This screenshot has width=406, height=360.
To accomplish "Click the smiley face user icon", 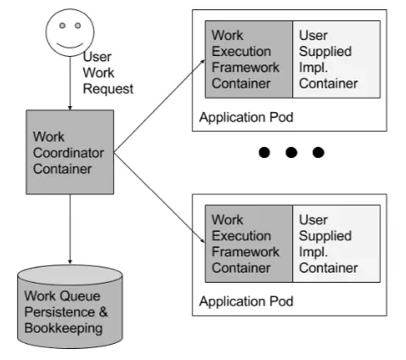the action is click(70, 32).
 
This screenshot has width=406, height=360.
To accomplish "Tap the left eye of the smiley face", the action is click(62, 25).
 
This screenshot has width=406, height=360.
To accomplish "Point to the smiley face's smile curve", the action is click(70, 46).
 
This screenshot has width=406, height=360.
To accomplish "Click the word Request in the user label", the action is click(108, 89).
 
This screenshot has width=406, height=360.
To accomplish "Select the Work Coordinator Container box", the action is click(70, 152).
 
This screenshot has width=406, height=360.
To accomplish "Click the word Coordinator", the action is click(68, 153).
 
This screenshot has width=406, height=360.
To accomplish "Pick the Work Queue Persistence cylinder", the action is click(70, 307).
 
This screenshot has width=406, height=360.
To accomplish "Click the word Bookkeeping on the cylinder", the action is click(64, 329).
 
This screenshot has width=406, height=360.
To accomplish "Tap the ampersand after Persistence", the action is click(104, 312).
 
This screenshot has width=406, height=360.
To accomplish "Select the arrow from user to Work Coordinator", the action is click(70, 83).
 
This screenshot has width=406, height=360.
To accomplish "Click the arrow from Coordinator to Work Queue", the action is click(70, 229).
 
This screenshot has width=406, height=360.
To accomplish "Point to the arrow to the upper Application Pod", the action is click(159, 106).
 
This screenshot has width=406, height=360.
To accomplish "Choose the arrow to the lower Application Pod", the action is click(159, 198).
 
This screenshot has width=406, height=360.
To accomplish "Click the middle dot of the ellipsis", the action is click(291, 152).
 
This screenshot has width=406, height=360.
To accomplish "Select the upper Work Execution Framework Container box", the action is click(249, 59).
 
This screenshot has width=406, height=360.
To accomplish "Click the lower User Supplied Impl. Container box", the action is click(336, 244).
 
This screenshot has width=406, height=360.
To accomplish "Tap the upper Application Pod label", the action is click(246, 117).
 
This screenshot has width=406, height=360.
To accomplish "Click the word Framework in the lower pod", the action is click(245, 252).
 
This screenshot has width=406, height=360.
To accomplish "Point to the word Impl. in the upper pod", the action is click(313, 68).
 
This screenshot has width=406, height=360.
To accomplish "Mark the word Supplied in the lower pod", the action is click(325, 236).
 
